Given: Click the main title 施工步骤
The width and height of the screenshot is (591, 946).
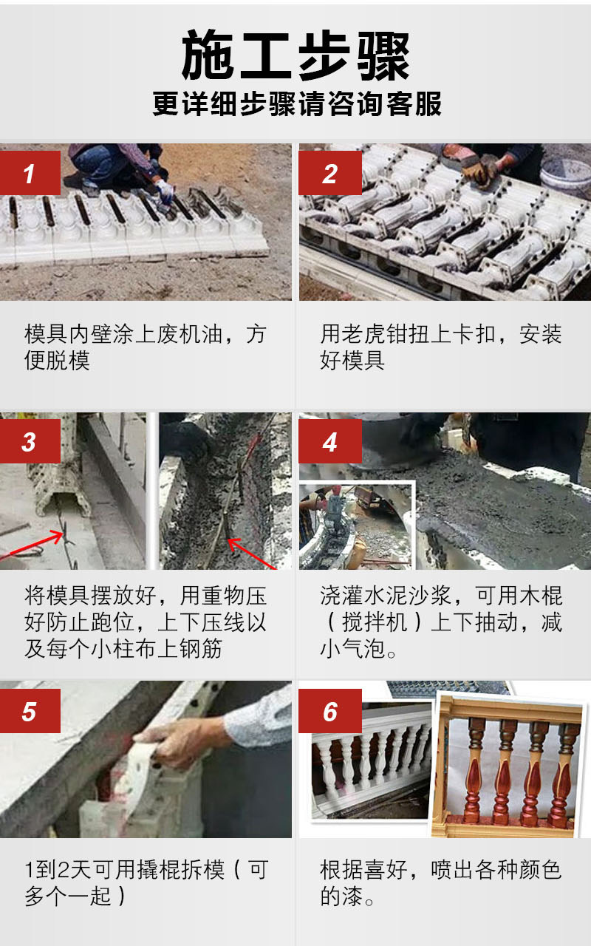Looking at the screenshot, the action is pyautogui.click(x=295, y=55).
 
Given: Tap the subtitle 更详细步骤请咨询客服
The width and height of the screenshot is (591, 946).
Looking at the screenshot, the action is pyautogui.click(x=297, y=103).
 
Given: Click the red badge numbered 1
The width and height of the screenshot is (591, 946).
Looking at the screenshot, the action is pyautogui.click(x=30, y=173).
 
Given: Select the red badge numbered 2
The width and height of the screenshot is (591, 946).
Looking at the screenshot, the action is pyautogui.click(x=330, y=173).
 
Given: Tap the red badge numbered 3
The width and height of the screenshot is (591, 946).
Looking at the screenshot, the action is pyautogui.click(x=30, y=441).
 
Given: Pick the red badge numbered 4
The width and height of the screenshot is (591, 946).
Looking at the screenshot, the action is pyautogui.click(x=330, y=441).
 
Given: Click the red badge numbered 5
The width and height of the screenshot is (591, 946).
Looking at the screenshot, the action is pyautogui.click(x=30, y=711).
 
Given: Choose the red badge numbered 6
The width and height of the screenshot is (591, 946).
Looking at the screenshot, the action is pyautogui.click(x=330, y=711).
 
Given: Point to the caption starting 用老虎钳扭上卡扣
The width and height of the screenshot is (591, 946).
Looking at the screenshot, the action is pyautogui.click(x=441, y=347).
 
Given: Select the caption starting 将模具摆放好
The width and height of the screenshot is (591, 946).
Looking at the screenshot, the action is pyautogui.click(x=146, y=622).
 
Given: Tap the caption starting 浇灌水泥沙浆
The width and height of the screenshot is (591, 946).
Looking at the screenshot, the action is pyautogui.click(x=441, y=622).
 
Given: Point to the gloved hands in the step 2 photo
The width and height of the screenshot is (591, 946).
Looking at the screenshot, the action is pyautogui.click(x=480, y=167).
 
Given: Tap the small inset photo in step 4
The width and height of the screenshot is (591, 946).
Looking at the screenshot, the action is pyautogui.click(x=357, y=525).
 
